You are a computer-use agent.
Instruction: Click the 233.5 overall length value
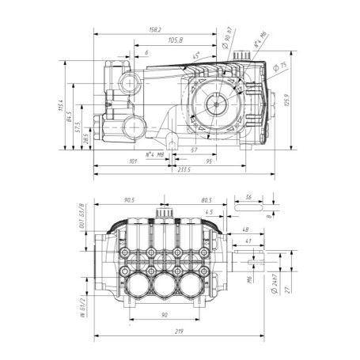[184, 170]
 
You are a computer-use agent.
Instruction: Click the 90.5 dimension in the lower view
[131, 200]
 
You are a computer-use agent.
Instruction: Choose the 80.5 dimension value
[206, 200]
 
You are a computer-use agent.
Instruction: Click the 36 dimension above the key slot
[248, 199]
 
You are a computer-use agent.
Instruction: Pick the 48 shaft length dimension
[246, 230]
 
